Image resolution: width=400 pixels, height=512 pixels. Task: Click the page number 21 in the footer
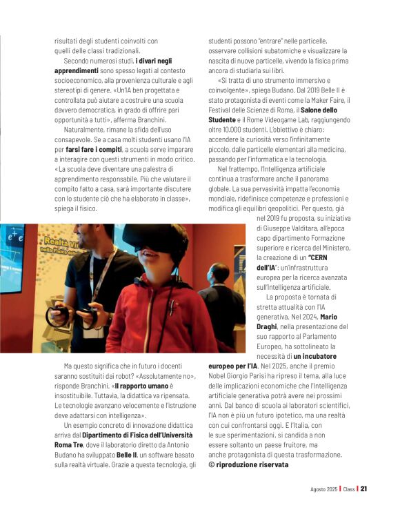pos(363,489)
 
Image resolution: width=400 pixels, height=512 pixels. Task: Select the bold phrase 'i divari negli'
pos(154,61)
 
